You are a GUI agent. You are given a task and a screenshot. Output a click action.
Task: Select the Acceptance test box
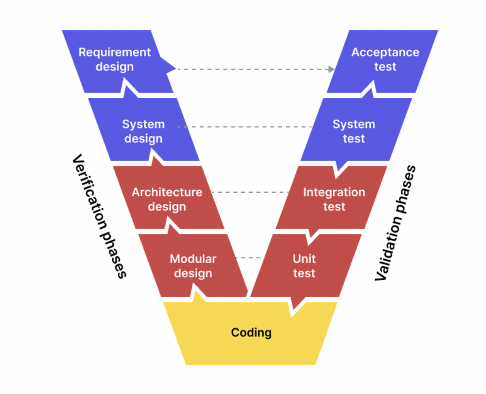(x=384, y=60)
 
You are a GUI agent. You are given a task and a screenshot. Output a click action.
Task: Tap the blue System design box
(x=143, y=130)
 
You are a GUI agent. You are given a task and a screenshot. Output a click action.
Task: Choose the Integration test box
(x=333, y=198)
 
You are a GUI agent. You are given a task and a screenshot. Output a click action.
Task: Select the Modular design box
(x=193, y=266)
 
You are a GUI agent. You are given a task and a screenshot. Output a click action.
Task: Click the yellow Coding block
(x=251, y=340)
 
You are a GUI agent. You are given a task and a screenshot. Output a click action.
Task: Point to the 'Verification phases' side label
(x=99, y=216)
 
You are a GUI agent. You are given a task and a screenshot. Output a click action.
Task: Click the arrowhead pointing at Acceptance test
(x=331, y=69)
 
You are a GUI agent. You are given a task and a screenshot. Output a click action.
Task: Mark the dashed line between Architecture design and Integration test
(x=250, y=192)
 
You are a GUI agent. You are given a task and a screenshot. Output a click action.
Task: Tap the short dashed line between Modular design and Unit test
(x=251, y=257)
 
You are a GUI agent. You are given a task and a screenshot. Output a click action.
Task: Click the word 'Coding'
(x=251, y=333)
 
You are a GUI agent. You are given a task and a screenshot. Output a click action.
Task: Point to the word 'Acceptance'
(x=385, y=53)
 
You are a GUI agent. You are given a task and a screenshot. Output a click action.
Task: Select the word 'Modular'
(x=193, y=259)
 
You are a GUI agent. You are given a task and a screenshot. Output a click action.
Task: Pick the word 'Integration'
(x=334, y=192)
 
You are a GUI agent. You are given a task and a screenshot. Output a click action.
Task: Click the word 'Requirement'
(x=115, y=53)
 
